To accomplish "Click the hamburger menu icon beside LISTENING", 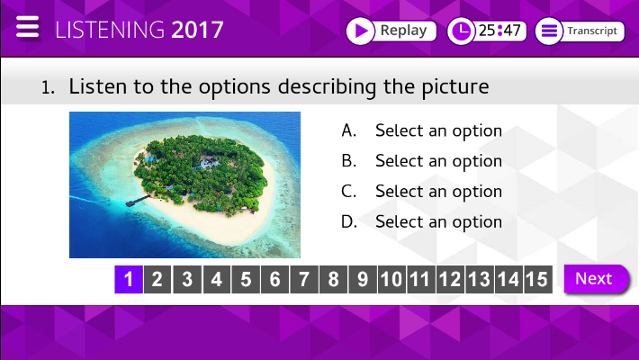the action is [x=27, y=27].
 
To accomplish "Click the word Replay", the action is [x=403, y=31].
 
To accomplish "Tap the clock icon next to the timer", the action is [x=462, y=31].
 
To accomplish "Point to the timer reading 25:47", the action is [x=499, y=31].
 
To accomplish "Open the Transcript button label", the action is [x=592, y=31].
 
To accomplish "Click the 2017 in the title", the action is [x=197, y=30].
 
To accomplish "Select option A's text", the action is [x=438, y=130].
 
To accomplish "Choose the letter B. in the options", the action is [x=349, y=160].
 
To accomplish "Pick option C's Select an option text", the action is [x=438, y=191].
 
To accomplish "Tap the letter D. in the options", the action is [x=349, y=221].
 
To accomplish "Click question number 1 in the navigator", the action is [x=129, y=279].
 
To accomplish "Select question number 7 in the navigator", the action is [x=304, y=279].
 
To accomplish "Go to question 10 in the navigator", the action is [x=391, y=279].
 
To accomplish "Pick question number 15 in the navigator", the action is [x=538, y=279].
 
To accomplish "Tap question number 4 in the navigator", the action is [x=216, y=279].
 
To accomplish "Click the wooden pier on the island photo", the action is [x=138, y=201].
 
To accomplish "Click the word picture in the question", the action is [x=454, y=86].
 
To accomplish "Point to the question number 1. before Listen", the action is [x=48, y=87].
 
